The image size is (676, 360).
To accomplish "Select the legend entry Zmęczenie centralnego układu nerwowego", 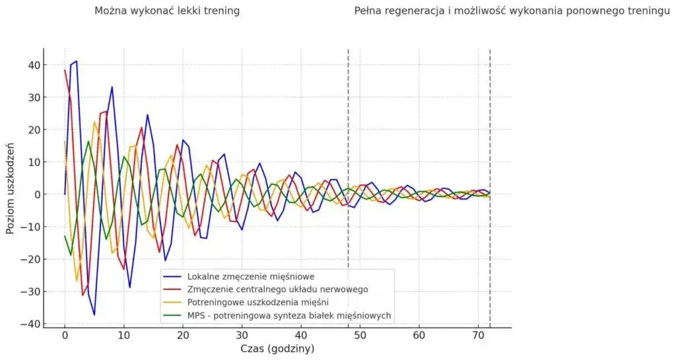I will click(277, 289).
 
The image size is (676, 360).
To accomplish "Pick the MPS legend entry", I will click(289, 316).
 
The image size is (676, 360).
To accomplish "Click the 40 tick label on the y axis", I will click(34, 65).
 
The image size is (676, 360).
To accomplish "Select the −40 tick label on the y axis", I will click(30, 324).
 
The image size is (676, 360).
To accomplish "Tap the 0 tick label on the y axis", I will click(38, 194).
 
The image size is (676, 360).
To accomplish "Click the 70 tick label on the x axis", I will click(478, 336).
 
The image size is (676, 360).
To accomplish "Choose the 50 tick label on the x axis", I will click(360, 336).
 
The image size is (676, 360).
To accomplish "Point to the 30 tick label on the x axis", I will click(242, 336).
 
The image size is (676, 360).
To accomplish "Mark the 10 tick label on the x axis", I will click(123, 336).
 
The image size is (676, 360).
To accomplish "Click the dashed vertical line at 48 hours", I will click(348, 132).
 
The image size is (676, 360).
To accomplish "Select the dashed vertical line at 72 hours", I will click(490, 132).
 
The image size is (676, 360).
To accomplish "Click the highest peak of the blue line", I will click(77, 61).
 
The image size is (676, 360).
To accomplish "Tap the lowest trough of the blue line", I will click(94, 314).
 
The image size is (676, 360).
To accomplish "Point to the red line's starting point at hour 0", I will click(65, 69).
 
